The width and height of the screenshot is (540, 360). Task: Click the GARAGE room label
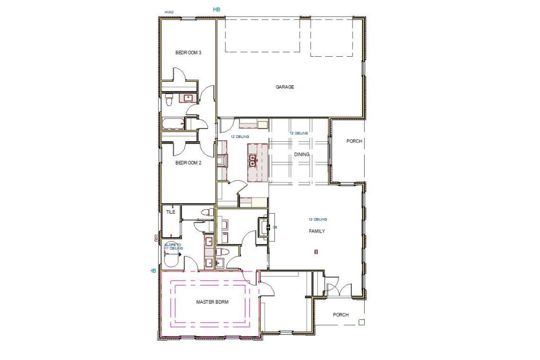point(284,87)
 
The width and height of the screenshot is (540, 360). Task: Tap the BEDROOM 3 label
point(188,53)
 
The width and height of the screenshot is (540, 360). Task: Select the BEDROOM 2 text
point(188,163)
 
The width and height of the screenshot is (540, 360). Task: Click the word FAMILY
point(317,230)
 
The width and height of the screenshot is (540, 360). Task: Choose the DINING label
point(302,155)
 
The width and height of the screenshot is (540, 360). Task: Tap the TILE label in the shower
point(171,212)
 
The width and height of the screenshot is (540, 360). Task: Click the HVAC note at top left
point(169,12)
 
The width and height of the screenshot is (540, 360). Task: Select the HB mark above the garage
point(217,9)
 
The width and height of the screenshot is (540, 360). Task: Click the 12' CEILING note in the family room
point(318,219)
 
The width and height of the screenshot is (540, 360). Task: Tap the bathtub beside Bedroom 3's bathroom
point(173,123)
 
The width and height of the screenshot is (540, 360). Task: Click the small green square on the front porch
point(361,322)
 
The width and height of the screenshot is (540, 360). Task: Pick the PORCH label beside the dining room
point(354,141)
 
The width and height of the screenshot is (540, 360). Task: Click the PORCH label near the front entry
point(341,315)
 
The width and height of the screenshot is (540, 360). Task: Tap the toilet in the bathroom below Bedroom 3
point(170,99)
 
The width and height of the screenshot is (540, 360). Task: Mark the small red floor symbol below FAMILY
point(316,251)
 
